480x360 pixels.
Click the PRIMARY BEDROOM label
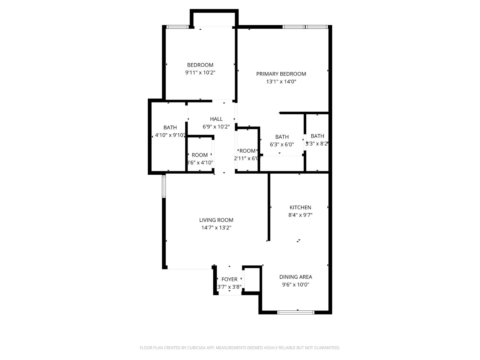(281, 74)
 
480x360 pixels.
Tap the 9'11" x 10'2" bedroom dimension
(200, 73)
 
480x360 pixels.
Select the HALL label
(216, 119)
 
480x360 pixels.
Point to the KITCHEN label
(300, 207)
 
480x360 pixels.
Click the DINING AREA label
(295, 277)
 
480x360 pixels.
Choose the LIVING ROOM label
(216, 220)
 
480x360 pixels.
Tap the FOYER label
(229, 279)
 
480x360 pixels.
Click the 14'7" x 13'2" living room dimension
(216, 228)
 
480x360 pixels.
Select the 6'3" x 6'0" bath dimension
(282, 145)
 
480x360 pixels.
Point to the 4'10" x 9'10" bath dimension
(170, 135)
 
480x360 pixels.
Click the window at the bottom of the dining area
(296, 312)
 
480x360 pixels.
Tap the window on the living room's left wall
(164, 186)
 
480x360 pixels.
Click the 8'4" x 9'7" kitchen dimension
(300, 215)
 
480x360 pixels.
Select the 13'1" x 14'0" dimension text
(281, 82)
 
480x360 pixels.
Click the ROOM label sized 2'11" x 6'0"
(247, 151)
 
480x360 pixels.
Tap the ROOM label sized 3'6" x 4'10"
(200, 155)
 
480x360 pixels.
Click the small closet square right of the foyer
(252, 279)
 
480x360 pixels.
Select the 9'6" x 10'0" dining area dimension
(295, 285)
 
